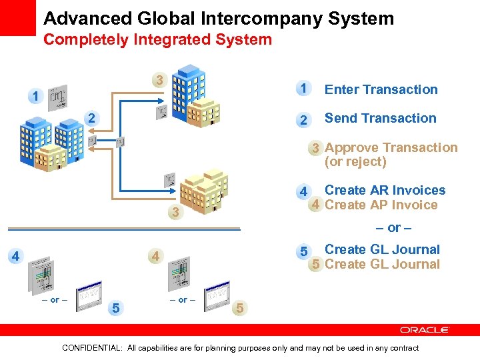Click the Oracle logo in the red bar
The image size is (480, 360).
[425, 330]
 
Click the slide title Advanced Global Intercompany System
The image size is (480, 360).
[219, 18]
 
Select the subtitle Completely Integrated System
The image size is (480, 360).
[157, 39]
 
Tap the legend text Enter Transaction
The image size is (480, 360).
[381, 89]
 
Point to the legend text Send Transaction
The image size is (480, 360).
[380, 119]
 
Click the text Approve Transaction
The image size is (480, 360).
[391, 147]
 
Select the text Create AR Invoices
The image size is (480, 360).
[385, 190]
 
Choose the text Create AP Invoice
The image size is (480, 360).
[381, 205]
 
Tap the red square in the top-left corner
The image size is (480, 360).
[17, 17]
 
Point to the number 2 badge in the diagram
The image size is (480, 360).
[92, 118]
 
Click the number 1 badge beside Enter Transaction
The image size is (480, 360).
[303, 89]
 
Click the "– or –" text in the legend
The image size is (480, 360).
[393, 228]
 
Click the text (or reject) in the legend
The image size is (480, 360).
[355, 162]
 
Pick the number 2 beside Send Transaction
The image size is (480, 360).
[303, 120]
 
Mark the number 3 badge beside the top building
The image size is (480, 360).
[158, 81]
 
